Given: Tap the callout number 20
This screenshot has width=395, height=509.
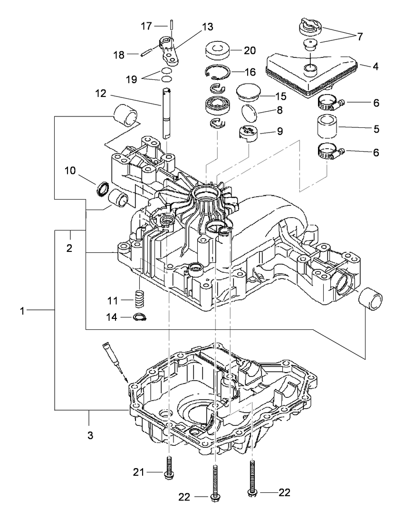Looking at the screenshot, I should [x=249, y=50].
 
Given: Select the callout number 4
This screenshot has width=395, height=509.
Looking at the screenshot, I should [x=376, y=67].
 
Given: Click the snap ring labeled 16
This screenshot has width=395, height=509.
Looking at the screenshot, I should [x=218, y=72].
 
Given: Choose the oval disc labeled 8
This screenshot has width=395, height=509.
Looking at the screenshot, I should [x=249, y=113].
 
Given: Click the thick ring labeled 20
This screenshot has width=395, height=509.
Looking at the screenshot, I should [x=217, y=50].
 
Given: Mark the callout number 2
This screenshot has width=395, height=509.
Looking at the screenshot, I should [x=69, y=248].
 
